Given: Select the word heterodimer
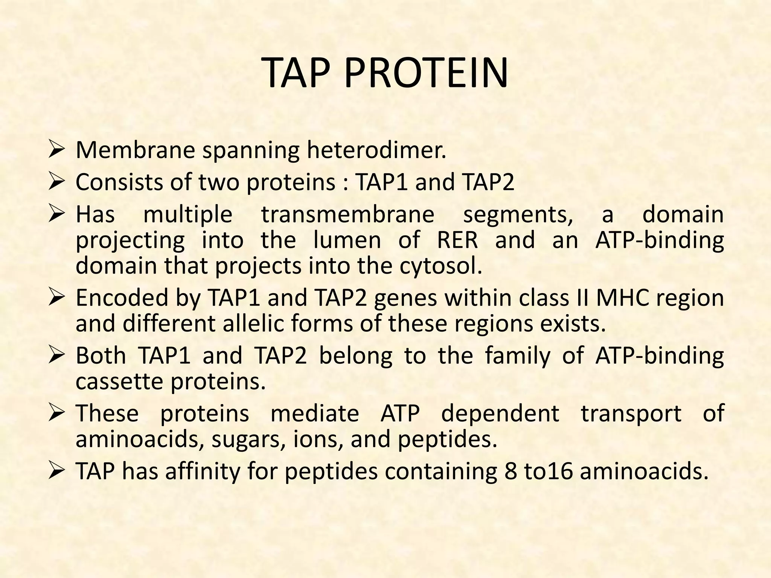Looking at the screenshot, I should click(x=376, y=150).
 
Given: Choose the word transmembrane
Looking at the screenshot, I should click(x=348, y=214).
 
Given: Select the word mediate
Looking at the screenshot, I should click(x=315, y=414).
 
